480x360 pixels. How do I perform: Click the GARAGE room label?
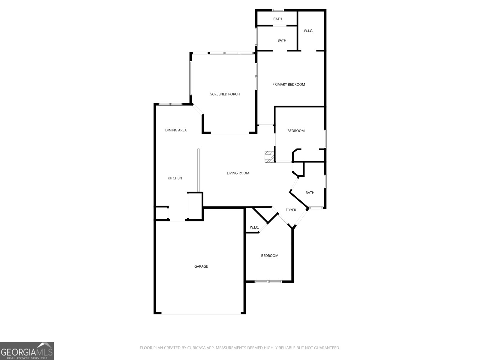pyautogui.click(x=201, y=266)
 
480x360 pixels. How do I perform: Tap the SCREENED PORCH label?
pyautogui.click(x=225, y=94)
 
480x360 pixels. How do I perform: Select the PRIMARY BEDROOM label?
pyautogui.click(x=289, y=85)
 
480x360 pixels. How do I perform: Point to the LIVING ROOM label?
pyautogui.click(x=238, y=173)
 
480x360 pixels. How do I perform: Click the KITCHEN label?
pyautogui.click(x=175, y=178)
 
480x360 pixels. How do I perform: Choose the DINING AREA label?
pyautogui.click(x=176, y=130)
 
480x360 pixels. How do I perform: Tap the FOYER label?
pyautogui.click(x=291, y=210)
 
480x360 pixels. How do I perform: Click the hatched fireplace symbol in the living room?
pyautogui.click(x=269, y=157)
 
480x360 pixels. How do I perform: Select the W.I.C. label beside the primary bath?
pyautogui.click(x=308, y=31)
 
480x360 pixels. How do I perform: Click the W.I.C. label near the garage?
pyautogui.click(x=254, y=227)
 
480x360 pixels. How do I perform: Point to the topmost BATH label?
pyautogui.click(x=277, y=19)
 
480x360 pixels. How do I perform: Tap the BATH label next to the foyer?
pyautogui.click(x=310, y=193)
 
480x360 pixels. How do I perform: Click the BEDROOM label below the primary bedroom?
pyautogui.click(x=296, y=131)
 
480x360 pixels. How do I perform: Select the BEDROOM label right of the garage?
pyautogui.click(x=270, y=256)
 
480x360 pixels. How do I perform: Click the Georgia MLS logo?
pyautogui.click(x=27, y=351)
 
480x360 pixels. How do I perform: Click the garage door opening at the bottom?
pyautogui.click(x=201, y=314)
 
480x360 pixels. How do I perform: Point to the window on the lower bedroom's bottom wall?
pyautogui.click(x=268, y=281)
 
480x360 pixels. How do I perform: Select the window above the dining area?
pyautogui.click(x=170, y=104)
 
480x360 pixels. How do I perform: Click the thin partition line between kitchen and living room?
pyautogui.click(x=198, y=170)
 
